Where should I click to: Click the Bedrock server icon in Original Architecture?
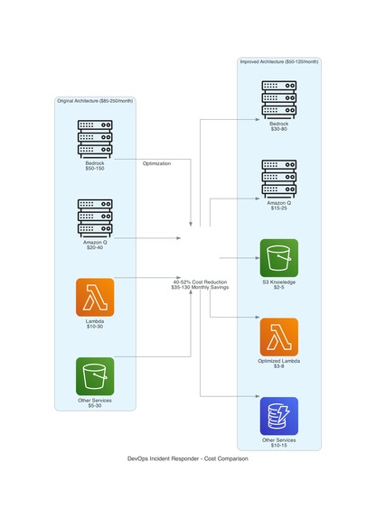pyautogui.click(x=95, y=138)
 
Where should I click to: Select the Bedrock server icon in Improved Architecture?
pyautogui.click(x=278, y=99)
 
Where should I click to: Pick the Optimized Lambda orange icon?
pyautogui.click(x=278, y=337)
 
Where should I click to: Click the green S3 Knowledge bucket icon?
pyautogui.click(x=278, y=258)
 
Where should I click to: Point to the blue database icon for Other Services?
pyautogui.click(x=278, y=416)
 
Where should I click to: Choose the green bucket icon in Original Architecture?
pyautogui.click(x=95, y=375)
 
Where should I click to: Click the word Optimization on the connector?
pyautogui.click(x=156, y=163)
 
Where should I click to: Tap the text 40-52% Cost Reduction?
pyautogui.click(x=200, y=282)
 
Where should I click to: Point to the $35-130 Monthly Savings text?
pyautogui.click(x=200, y=288)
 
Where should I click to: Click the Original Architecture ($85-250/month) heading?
pyautogui.click(x=95, y=101)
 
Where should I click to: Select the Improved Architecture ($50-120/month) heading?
pyautogui.click(x=278, y=61)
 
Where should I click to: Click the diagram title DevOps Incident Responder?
pyautogui.click(x=188, y=459)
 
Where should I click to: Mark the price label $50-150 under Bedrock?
pyautogui.click(x=95, y=169)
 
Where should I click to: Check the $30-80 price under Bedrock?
pyautogui.click(x=278, y=130)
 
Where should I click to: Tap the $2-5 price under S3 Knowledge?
pyautogui.click(x=278, y=288)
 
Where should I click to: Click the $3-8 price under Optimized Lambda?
pyautogui.click(x=278, y=366)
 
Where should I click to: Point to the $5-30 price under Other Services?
pyautogui.click(x=95, y=406)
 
